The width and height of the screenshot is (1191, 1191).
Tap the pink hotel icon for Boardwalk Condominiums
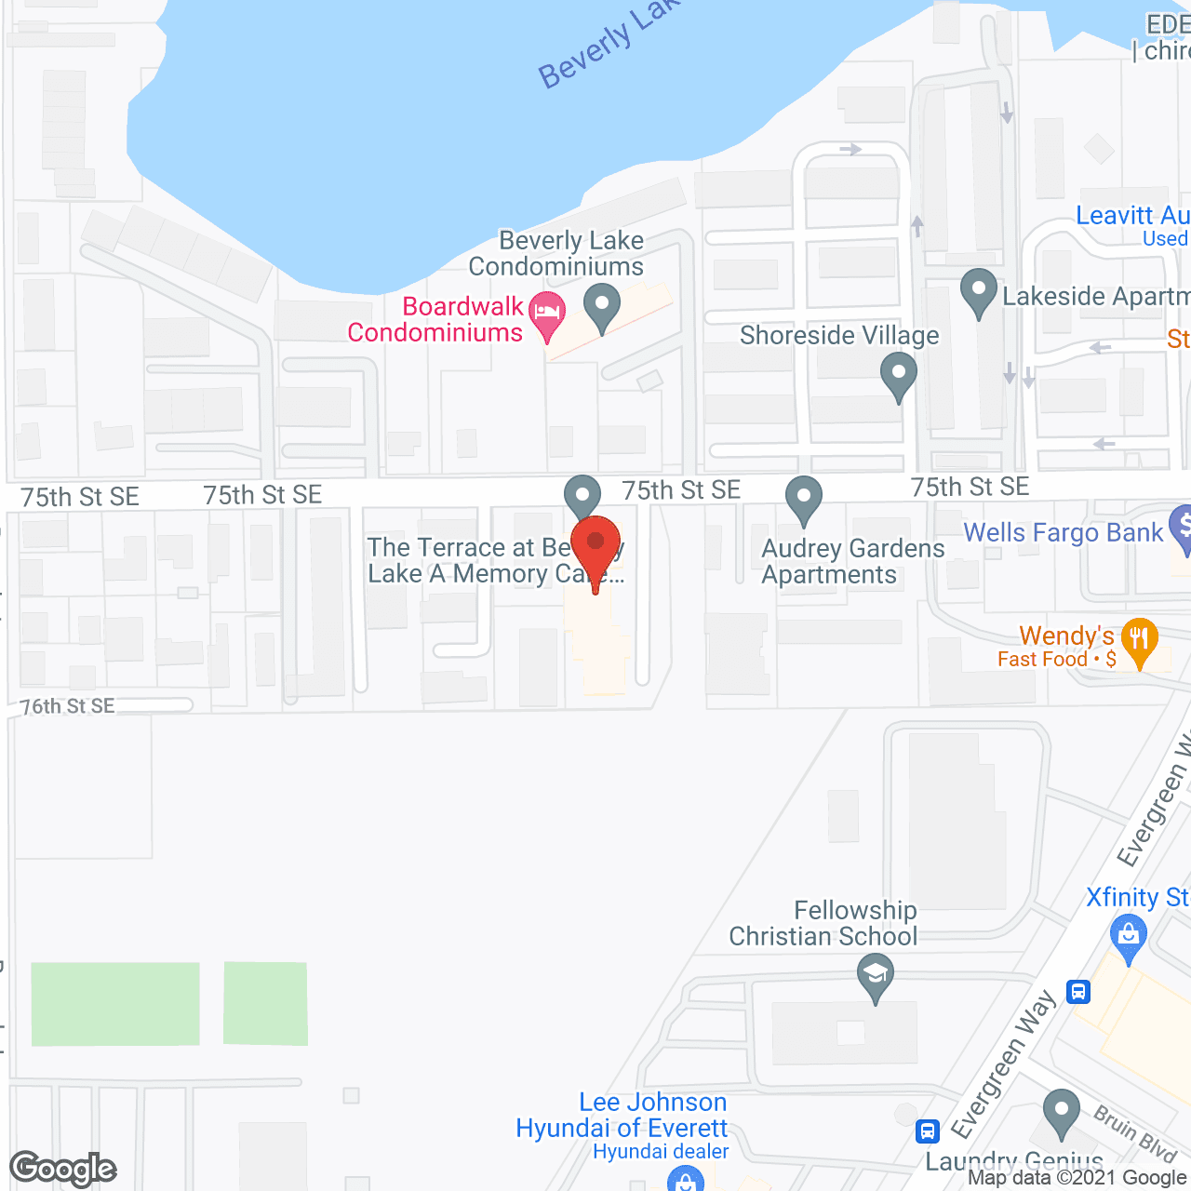point(547,314)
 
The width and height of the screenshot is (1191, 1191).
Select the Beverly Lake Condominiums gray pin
point(602,305)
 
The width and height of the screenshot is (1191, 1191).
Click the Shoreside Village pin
point(898,374)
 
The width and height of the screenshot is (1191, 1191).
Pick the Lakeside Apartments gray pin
point(978,290)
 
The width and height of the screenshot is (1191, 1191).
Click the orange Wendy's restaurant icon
point(1139,640)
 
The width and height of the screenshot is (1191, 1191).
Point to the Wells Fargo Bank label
point(1063,532)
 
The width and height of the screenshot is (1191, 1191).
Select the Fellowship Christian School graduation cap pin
point(875,977)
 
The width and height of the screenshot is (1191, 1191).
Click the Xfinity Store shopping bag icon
point(1128,933)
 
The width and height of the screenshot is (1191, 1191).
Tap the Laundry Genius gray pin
point(1061,1111)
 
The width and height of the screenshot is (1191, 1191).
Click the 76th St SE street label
point(68,706)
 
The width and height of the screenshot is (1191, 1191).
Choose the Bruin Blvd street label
point(1134,1133)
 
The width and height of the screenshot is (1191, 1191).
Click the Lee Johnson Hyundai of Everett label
point(622,1115)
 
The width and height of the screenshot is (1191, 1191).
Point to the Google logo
point(63,1168)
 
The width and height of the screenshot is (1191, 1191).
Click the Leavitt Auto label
point(1131,216)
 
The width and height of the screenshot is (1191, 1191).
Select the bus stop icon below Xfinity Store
point(1078,992)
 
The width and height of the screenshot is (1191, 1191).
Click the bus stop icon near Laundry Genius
point(928,1131)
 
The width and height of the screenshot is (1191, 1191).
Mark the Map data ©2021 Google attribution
point(1077,1178)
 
